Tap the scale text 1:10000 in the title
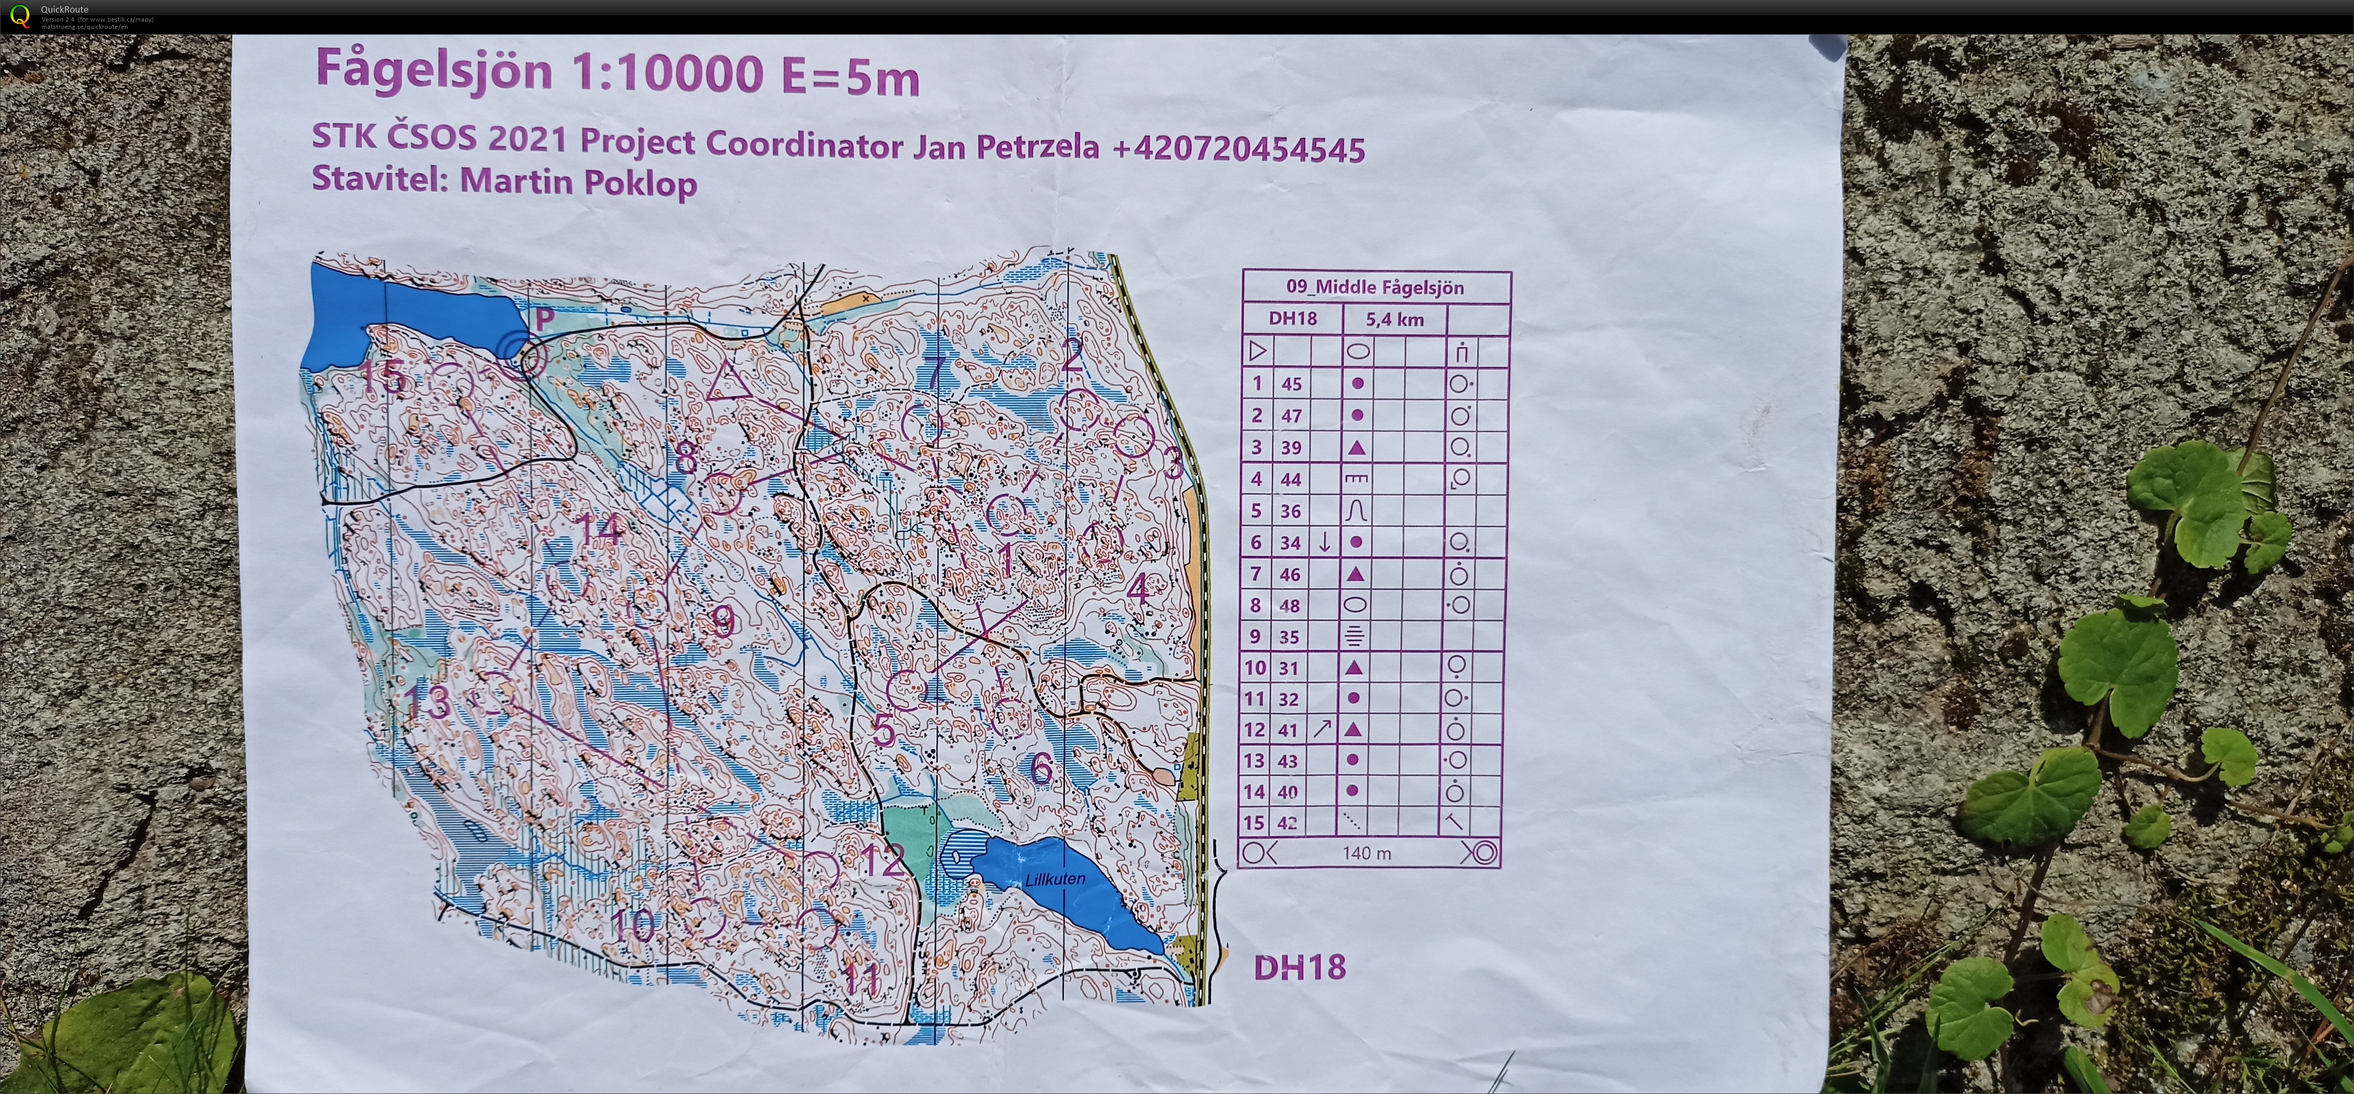[667, 73]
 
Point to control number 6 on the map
[1041, 768]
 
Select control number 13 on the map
[427, 702]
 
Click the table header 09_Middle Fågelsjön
[1376, 287]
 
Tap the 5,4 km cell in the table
[1394, 319]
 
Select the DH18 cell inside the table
[1292, 319]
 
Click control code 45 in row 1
[1291, 384]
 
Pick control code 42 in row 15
[1288, 822]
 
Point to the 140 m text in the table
[1367, 853]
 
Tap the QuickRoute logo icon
[19, 16]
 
